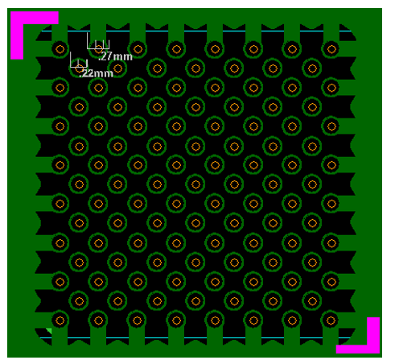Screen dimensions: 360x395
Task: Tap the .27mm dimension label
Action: click(115, 56)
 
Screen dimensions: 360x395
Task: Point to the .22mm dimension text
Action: click(97, 73)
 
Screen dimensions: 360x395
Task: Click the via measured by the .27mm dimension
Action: click(99, 48)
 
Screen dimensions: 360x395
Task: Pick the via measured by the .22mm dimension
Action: click(79, 68)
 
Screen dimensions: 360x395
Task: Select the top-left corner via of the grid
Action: click(60, 49)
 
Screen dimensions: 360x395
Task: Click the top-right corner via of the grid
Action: click(331, 49)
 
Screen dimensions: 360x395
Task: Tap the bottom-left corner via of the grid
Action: click(60, 319)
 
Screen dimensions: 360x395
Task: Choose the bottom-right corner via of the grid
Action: click(331, 319)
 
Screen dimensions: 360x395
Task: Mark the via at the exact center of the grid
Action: click(195, 184)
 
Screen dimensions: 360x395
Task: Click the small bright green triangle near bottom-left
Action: click(48, 331)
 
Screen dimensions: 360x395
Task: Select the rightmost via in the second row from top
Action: click(311, 68)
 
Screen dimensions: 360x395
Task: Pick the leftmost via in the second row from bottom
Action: click(79, 300)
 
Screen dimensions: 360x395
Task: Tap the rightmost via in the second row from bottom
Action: click(311, 300)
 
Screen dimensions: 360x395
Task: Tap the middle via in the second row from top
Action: click(195, 68)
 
